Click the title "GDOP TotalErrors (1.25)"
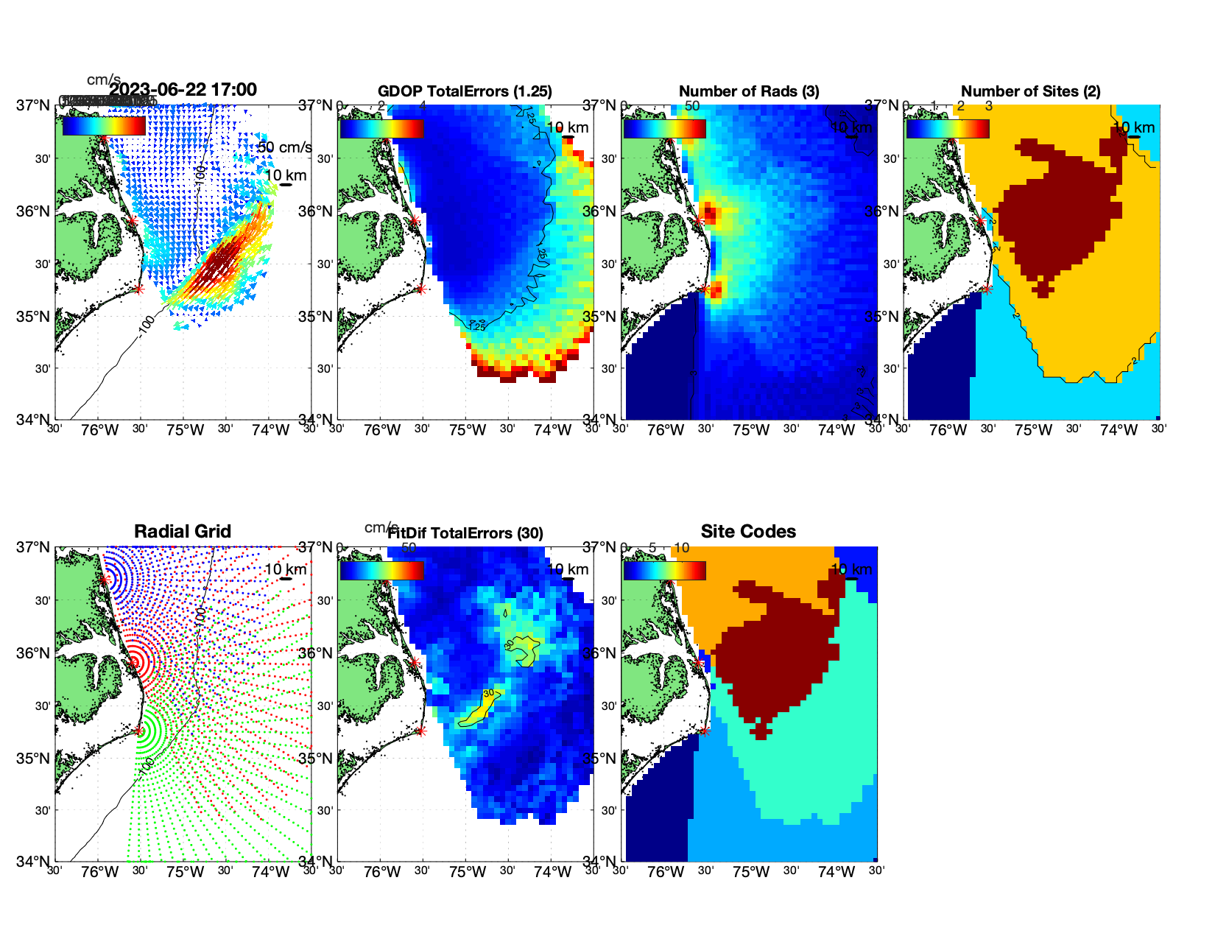point(465,91)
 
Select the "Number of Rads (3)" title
point(749,91)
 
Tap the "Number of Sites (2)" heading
point(1031,91)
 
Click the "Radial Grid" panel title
point(183,532)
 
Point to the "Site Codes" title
point(748,532)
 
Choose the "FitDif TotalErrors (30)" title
point(465,533)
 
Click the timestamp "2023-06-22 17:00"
point(183,90)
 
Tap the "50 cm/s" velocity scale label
point(284,147)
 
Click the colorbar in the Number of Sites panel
point(948,128)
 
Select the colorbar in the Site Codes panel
point(664,570)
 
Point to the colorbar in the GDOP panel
point(381,128)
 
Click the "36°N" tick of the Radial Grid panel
point(35,653)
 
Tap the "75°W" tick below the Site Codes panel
point(751,872)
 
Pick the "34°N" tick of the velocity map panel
point(35,420)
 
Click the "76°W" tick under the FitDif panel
point(382,872)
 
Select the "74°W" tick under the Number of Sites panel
point(1119,430)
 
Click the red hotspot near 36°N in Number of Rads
point(709,214)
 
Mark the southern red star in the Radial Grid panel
point(138,731)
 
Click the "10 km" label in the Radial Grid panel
point(285,569)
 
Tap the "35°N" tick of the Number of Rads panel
point(600,317)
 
